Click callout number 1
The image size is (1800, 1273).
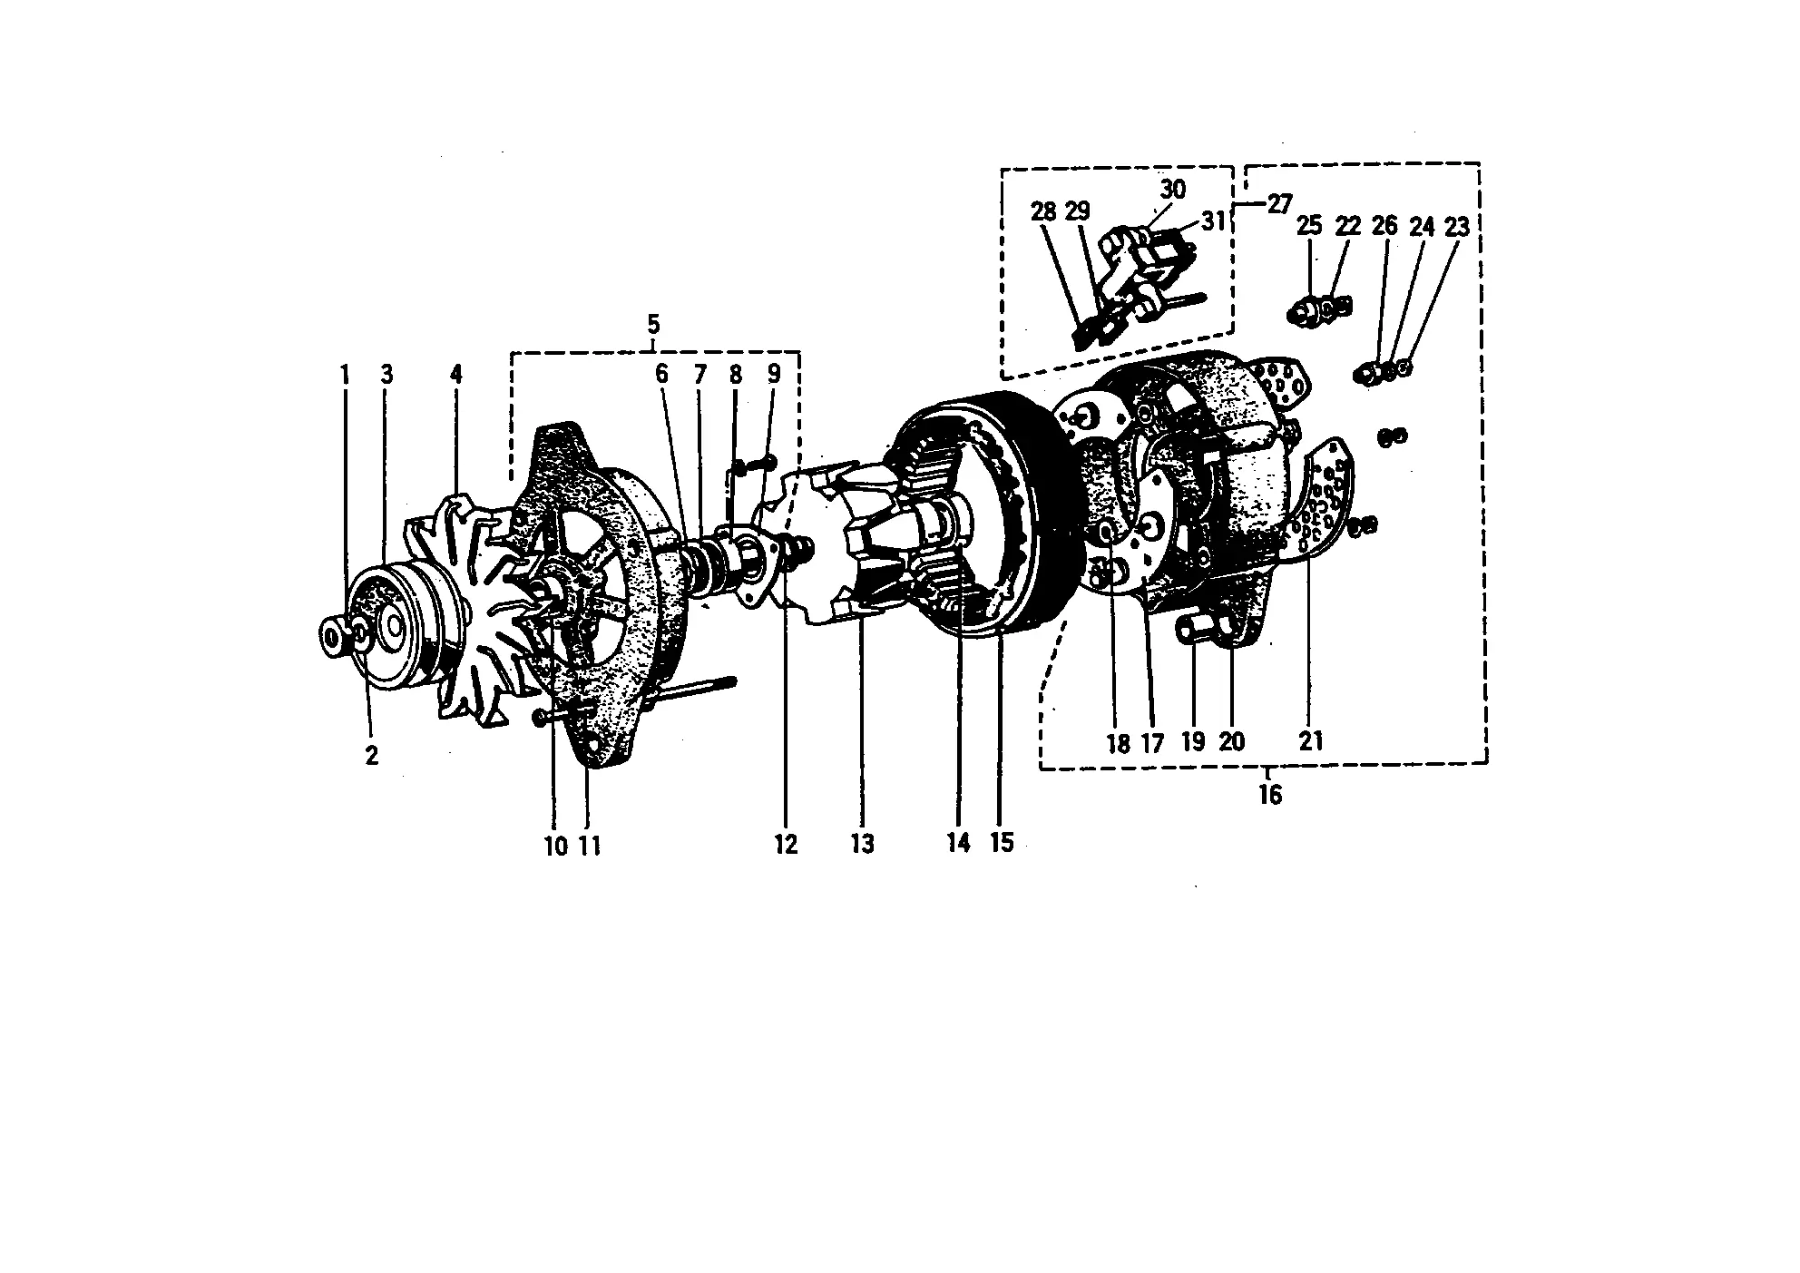click(345, 374)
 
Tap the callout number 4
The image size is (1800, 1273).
click(456, 374)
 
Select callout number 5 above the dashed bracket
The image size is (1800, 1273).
click(653, 324)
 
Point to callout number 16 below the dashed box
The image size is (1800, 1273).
click(1270, 795)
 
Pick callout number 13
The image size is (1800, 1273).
click(862, 844)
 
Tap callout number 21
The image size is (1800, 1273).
click(1311, 741)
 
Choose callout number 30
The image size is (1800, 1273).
click(1172, 189)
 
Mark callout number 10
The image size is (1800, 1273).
click(555, 846)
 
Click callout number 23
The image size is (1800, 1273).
click(1456, 226)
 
